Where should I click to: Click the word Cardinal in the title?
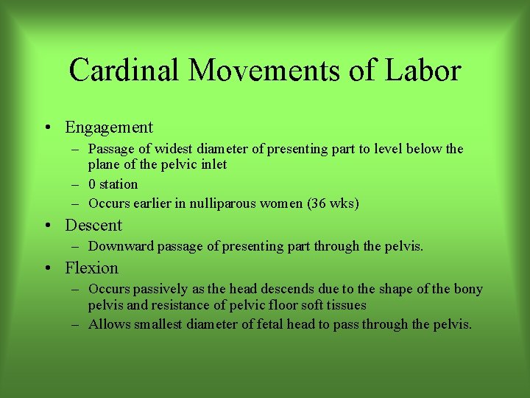click(123, 71)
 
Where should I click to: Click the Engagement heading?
click(109, 128)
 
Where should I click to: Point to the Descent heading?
click(93, 225)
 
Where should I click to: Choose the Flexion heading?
click(91, 268)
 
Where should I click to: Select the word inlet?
click(212, 164)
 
